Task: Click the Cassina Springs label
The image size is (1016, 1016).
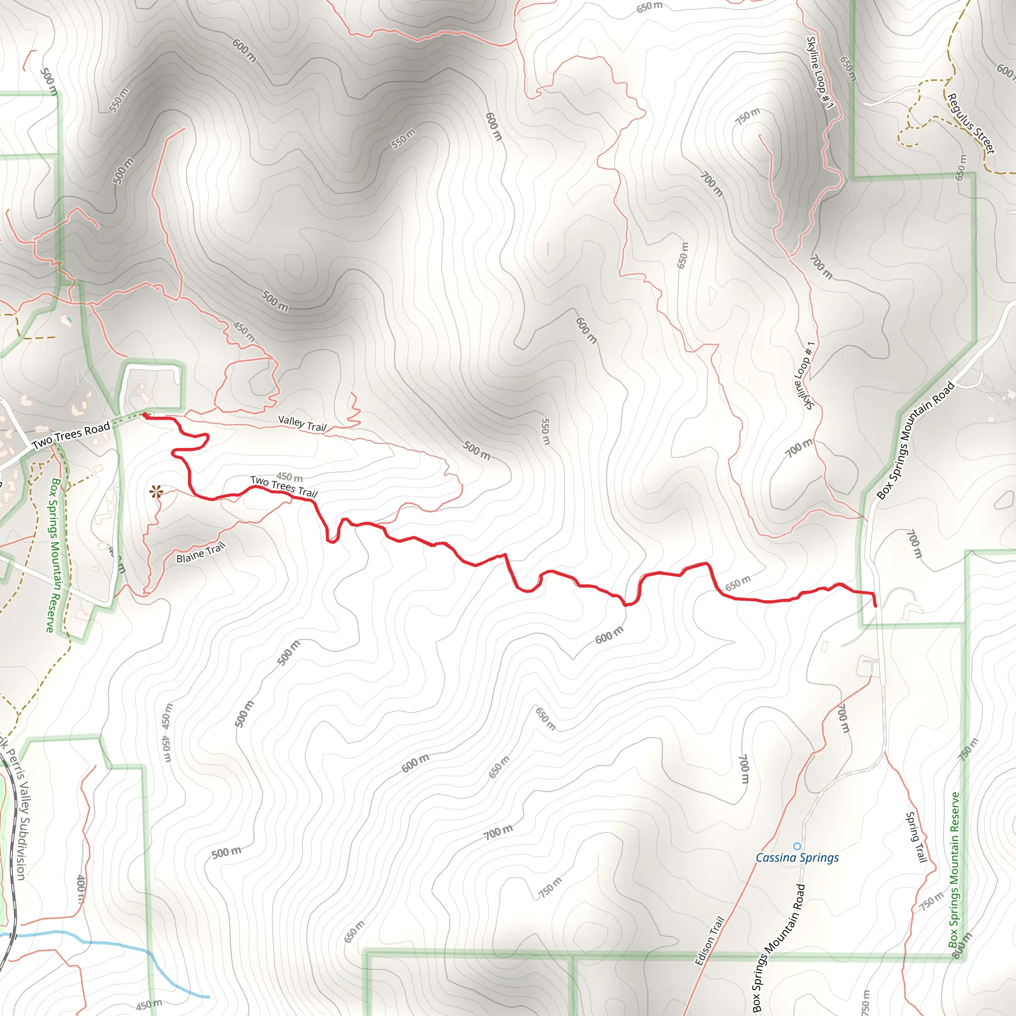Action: (x=797, y=858)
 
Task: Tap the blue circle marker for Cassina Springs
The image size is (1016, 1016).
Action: (x=797, y=846)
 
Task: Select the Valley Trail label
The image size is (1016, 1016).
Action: (x=302, y=423)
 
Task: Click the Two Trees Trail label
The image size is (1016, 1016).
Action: (x=283, y=487)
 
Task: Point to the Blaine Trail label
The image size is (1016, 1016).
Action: (x=200, y=553)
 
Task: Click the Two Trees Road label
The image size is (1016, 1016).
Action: (x=71, y=436)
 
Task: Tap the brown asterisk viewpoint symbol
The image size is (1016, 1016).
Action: (x=156, y=492)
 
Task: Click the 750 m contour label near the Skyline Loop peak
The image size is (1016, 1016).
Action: (x=747, y=116)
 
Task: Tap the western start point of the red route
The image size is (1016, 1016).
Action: (x=145, y=415)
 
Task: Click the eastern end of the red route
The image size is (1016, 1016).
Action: (x=876, y=606)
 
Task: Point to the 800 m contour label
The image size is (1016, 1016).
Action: (x=963, y=945)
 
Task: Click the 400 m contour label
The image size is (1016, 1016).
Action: (x=80, y=889)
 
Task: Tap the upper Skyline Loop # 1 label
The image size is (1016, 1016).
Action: (x=820, y=72)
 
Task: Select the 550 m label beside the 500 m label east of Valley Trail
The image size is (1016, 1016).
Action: (x=545, y=431)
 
